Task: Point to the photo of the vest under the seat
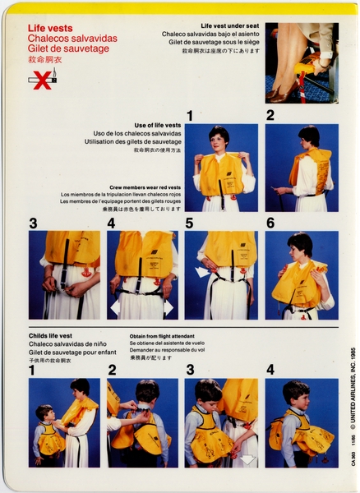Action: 301,63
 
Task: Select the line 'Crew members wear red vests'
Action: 145,188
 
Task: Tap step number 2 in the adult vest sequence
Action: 270,116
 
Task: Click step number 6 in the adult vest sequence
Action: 270,223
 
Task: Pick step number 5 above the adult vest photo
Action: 189,223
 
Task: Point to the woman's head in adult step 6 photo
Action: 299,244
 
